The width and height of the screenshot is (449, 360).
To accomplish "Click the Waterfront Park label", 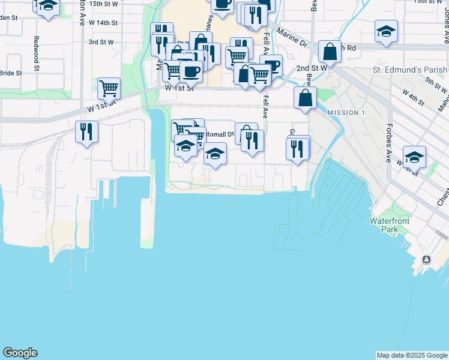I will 389,225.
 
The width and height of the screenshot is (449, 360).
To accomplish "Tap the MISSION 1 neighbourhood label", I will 346,113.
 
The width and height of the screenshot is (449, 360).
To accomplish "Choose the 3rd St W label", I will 100,42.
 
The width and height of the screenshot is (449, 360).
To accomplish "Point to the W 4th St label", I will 414,98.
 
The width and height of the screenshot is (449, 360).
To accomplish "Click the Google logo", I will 20,353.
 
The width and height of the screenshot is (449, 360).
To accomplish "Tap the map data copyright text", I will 412,355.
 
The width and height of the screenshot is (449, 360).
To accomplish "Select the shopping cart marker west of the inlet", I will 109,88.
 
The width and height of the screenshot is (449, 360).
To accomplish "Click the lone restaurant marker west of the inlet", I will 86,131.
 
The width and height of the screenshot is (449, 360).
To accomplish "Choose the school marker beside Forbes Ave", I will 414,157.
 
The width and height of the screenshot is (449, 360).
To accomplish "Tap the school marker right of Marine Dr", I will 386,31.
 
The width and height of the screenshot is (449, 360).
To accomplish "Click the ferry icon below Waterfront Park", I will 426,259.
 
